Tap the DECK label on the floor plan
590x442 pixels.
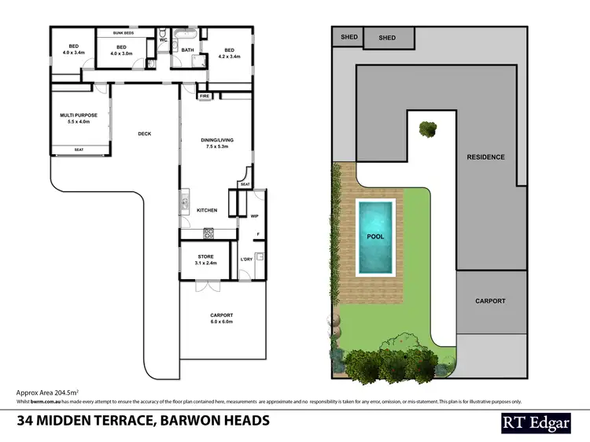[x=144, y=134]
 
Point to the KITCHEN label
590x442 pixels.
[x=207, y=210]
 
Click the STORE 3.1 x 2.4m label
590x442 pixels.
[x=205, y=260]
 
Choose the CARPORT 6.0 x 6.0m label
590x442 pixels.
[x=221, y=319]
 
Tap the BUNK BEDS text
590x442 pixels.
[x=123, y=34]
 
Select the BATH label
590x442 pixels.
[x=187, y=50]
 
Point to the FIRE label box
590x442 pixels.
[x=204, y=96]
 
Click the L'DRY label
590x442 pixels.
[x=246, y=260]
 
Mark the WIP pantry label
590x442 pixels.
[x=254, y=215]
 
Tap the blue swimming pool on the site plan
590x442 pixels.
[x=376, y=238]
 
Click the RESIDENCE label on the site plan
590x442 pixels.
[x=485, y=157]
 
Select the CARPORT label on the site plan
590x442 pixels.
[x=490, y=301]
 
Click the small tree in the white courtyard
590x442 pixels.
[x=428, y=128]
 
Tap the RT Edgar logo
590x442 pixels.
[x=536, y=422]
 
